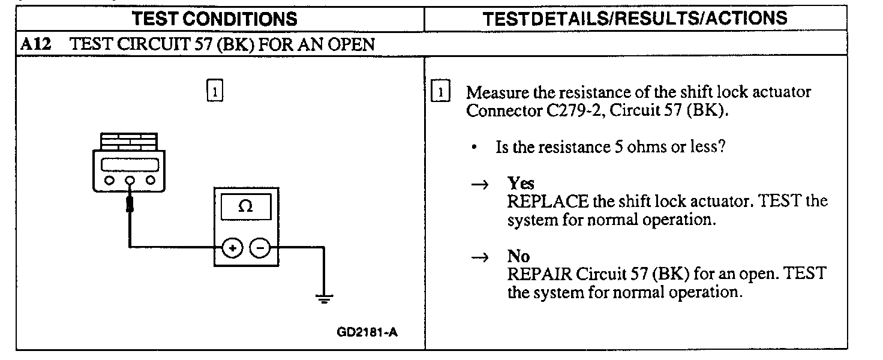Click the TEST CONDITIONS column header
[x=214, y=19]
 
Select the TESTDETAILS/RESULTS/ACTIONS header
[x=635, y=18]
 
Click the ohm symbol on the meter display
[x=245, y=206]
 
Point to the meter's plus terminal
[x=233, y=247]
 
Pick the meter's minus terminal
[x=259, y=247]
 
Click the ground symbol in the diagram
[x=324, y=299]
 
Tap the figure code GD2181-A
[x=367, y=332]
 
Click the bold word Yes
[x=521, y=183]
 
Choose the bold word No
[x=518, y=257]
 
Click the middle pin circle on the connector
[x=129, y=179]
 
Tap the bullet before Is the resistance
[x=474, y=148]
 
